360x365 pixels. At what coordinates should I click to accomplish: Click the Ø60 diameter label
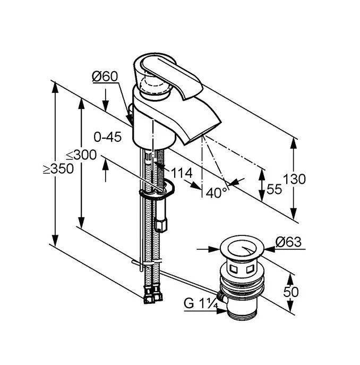tap(105, 77)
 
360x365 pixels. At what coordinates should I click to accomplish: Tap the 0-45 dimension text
tap(107, 137)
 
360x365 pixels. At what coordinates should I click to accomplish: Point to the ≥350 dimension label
tap(58, 169)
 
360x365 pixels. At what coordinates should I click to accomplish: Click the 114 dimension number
tap(181, 173)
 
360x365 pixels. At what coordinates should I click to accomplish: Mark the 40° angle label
tap(217, 192)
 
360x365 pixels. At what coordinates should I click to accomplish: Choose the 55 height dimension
tap(275, 190)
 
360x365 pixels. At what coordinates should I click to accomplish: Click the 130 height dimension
tap(295, 179)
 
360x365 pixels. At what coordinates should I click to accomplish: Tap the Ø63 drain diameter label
tap(288, 242)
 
